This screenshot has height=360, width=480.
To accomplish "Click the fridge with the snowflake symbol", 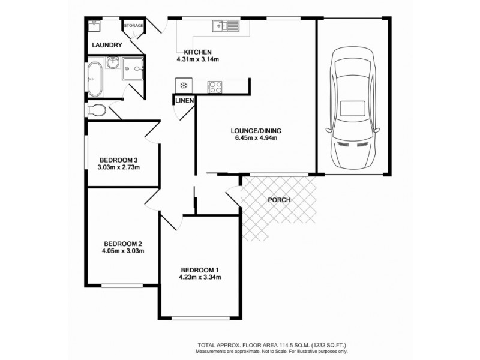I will point(182,85).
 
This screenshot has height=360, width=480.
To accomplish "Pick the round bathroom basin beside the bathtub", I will point(113,63).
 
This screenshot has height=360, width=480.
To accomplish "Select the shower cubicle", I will point(133,69).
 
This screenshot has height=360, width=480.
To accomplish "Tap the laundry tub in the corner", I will point(94,26).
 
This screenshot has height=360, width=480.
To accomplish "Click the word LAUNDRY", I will point(107,45).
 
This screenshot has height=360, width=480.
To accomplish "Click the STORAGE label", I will point(133,26).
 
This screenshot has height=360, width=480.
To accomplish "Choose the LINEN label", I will point(184,101).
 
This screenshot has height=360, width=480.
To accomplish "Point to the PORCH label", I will point(279,200).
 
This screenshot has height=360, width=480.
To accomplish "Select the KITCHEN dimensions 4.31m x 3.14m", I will point(197,59).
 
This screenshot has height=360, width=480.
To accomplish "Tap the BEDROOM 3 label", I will point(119,160).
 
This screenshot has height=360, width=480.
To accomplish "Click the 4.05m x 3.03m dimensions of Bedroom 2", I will point(123,251).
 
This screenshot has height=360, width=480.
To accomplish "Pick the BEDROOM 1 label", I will point(200,269).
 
